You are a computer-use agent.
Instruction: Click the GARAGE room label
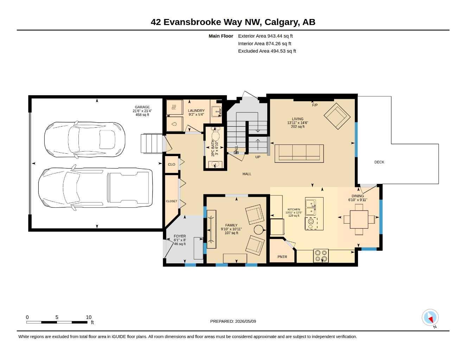(142, 107)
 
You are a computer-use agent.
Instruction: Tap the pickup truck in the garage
(95, 187)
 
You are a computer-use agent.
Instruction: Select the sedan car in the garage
(85, 140)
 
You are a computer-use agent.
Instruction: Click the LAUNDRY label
(196, 111)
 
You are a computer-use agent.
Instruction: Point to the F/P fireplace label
(315, 105)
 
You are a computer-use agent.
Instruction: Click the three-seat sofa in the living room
(299, 153)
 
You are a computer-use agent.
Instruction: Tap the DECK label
(379, 162)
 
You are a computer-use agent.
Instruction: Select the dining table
(359, 219)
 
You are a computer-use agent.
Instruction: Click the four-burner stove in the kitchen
(321, 256)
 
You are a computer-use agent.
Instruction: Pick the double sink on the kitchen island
(311, 207)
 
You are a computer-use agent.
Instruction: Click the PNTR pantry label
(282, 257)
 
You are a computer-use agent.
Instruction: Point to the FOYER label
(180, 236)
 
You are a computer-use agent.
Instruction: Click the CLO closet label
(172, 165)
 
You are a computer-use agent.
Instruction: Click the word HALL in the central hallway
(247, 174)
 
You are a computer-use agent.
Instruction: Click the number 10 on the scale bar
(89, 317)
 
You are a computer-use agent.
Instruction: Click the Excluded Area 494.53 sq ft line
(267, 51)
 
